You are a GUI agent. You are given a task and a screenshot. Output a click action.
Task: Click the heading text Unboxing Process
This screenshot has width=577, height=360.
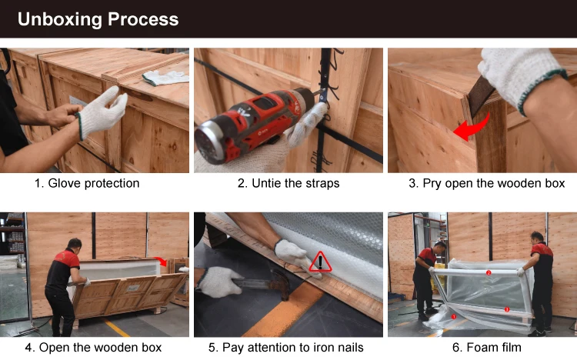coord(98,19)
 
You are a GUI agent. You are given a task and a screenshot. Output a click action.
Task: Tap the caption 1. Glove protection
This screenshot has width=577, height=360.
coord(87,183)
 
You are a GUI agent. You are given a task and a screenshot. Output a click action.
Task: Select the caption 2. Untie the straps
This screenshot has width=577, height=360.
coord(288,183)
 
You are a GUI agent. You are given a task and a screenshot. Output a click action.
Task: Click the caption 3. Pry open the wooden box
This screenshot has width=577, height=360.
coord(486,183)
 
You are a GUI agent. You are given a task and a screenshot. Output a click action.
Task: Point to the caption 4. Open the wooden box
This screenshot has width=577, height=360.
coord(93,348)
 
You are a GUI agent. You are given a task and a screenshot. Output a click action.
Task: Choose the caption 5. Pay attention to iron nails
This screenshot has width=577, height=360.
coord(286,348)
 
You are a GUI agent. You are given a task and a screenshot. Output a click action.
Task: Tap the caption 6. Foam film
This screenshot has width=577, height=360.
coord(486,348)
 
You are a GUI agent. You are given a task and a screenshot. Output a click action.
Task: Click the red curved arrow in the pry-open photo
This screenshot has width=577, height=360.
coord(473,128)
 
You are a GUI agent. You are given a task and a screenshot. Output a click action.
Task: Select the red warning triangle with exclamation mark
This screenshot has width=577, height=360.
coord(320,262)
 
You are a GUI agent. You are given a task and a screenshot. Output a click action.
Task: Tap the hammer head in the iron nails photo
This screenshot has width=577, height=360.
coord(281,284)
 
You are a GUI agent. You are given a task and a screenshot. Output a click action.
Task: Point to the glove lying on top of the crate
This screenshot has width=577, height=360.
coord(165,78)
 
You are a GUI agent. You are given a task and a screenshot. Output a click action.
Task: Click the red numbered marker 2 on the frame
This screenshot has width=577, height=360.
coord(489,273)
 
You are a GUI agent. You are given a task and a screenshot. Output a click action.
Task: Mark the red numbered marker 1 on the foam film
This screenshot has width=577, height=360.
coord(454,317)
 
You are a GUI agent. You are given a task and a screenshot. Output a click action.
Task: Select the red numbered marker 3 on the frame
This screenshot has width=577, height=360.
coord(507,309)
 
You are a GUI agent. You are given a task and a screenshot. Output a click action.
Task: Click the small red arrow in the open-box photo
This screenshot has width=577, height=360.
coord(161,261)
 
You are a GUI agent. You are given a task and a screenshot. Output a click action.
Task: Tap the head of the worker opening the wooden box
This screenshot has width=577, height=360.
coord(75,245)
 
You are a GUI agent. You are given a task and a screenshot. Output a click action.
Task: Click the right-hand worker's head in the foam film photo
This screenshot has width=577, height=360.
coord(537,238)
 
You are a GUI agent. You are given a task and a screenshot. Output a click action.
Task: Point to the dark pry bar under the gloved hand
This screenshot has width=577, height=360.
coord(480,95)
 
